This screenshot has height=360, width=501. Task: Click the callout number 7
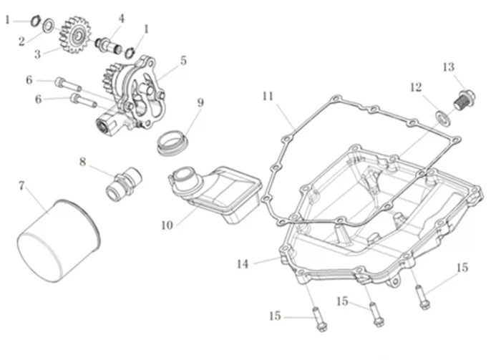click(x=22, y=186)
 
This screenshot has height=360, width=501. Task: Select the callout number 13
click(x=449, y=67)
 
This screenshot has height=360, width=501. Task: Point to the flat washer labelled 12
click(x=443, y=118)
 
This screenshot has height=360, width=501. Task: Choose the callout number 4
click(x=121, y=18)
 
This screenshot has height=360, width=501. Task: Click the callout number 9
click(x=200, y=102)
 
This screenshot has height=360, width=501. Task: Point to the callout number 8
click(x=83, y=162)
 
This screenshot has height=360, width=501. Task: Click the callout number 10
click(x=167, y=225)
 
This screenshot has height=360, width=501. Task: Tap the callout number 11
click(x=268, y=95)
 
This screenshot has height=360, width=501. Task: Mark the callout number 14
click(x=243, y=263)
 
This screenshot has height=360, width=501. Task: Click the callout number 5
click(x=184, y=62)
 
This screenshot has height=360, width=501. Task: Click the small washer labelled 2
click(x=48, y=27)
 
